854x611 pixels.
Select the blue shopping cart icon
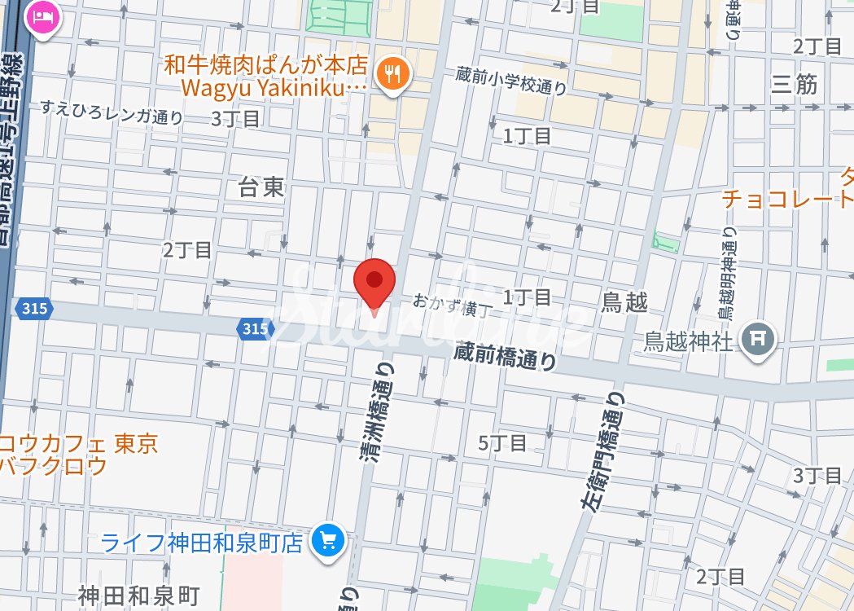(329, 540)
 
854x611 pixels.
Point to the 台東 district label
(261, 188)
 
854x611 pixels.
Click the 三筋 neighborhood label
(795, 84)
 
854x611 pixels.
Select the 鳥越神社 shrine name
(688, 341)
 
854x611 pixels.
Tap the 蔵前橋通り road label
(506, 356)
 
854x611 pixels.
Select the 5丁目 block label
(502, 444)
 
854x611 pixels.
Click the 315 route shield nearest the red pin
(253, 328)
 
